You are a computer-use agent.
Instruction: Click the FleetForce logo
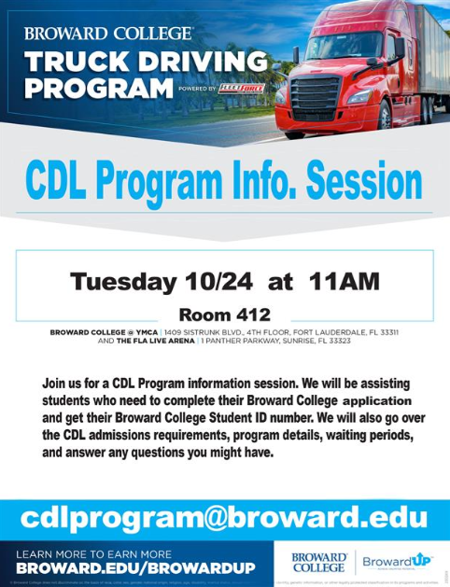coord(241,89)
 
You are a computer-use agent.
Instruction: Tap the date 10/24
coord(204,281)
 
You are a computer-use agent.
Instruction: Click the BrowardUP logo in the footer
coord(400,561)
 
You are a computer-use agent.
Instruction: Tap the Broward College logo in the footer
coord(318,561)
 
